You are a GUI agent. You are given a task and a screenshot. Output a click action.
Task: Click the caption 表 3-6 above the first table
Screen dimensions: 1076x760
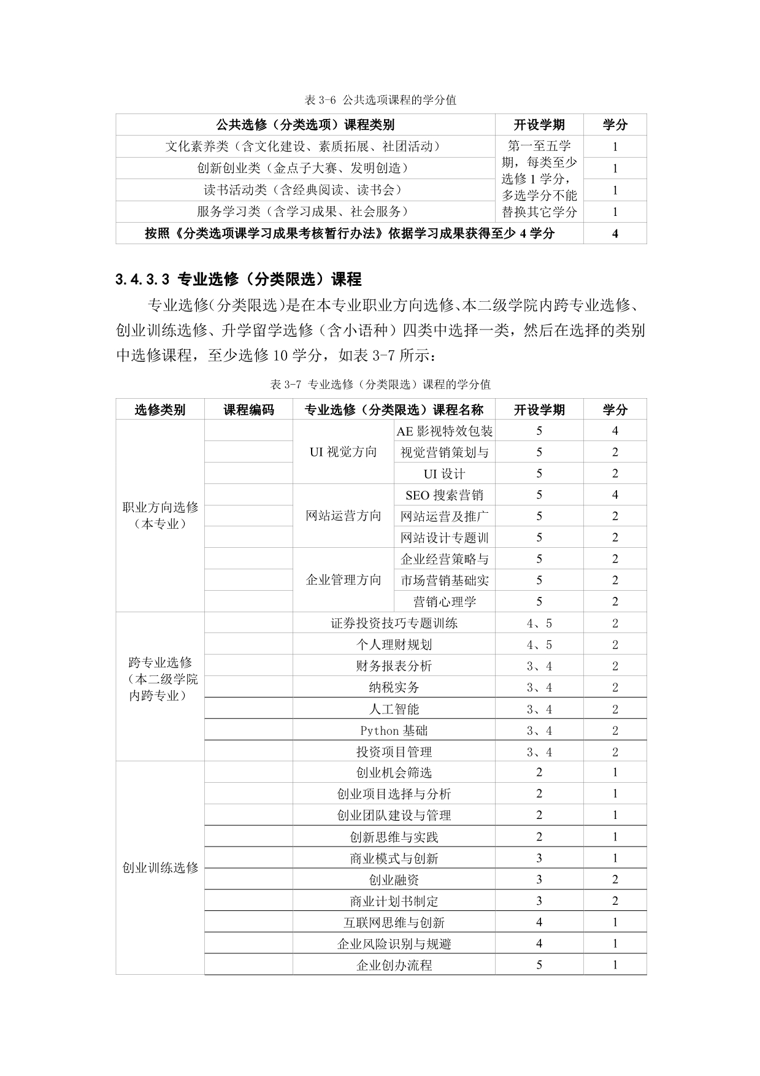[380, 99]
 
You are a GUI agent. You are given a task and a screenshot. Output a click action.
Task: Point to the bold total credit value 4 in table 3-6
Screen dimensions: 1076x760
[615, 234]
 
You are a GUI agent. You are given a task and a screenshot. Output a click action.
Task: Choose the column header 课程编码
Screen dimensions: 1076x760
[248, 410]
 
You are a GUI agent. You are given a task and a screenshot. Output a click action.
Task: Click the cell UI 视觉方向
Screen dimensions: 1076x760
[343, 452]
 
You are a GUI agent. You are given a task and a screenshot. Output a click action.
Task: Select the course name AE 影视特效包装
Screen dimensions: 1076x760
[445, 431]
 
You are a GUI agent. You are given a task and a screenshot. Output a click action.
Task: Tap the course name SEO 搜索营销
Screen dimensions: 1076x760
[445, 495]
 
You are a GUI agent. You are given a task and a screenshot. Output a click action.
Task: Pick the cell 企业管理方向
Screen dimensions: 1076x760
[343, 580]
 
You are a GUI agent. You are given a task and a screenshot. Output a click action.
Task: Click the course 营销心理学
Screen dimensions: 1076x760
[445, 602]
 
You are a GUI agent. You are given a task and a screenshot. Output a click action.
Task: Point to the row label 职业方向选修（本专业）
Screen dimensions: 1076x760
[160, 515]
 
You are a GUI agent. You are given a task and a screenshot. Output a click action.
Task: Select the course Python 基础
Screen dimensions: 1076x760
[394, 731]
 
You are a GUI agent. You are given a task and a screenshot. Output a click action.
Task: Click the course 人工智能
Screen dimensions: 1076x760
[394, 709]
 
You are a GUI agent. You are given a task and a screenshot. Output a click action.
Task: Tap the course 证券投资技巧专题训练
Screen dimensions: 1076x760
[394, 623]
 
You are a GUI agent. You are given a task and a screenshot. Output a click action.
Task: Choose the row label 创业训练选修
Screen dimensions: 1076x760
[160, 868]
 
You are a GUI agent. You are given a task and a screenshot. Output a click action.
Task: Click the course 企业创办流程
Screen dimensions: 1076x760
[394, 965]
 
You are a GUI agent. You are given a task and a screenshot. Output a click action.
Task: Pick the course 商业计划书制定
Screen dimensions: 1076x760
[394, 901]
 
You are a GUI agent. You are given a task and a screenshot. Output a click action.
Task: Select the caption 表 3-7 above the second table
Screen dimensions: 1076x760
[380, 385]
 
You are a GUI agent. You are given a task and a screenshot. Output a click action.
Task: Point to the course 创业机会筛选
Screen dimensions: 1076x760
[394, 773]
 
